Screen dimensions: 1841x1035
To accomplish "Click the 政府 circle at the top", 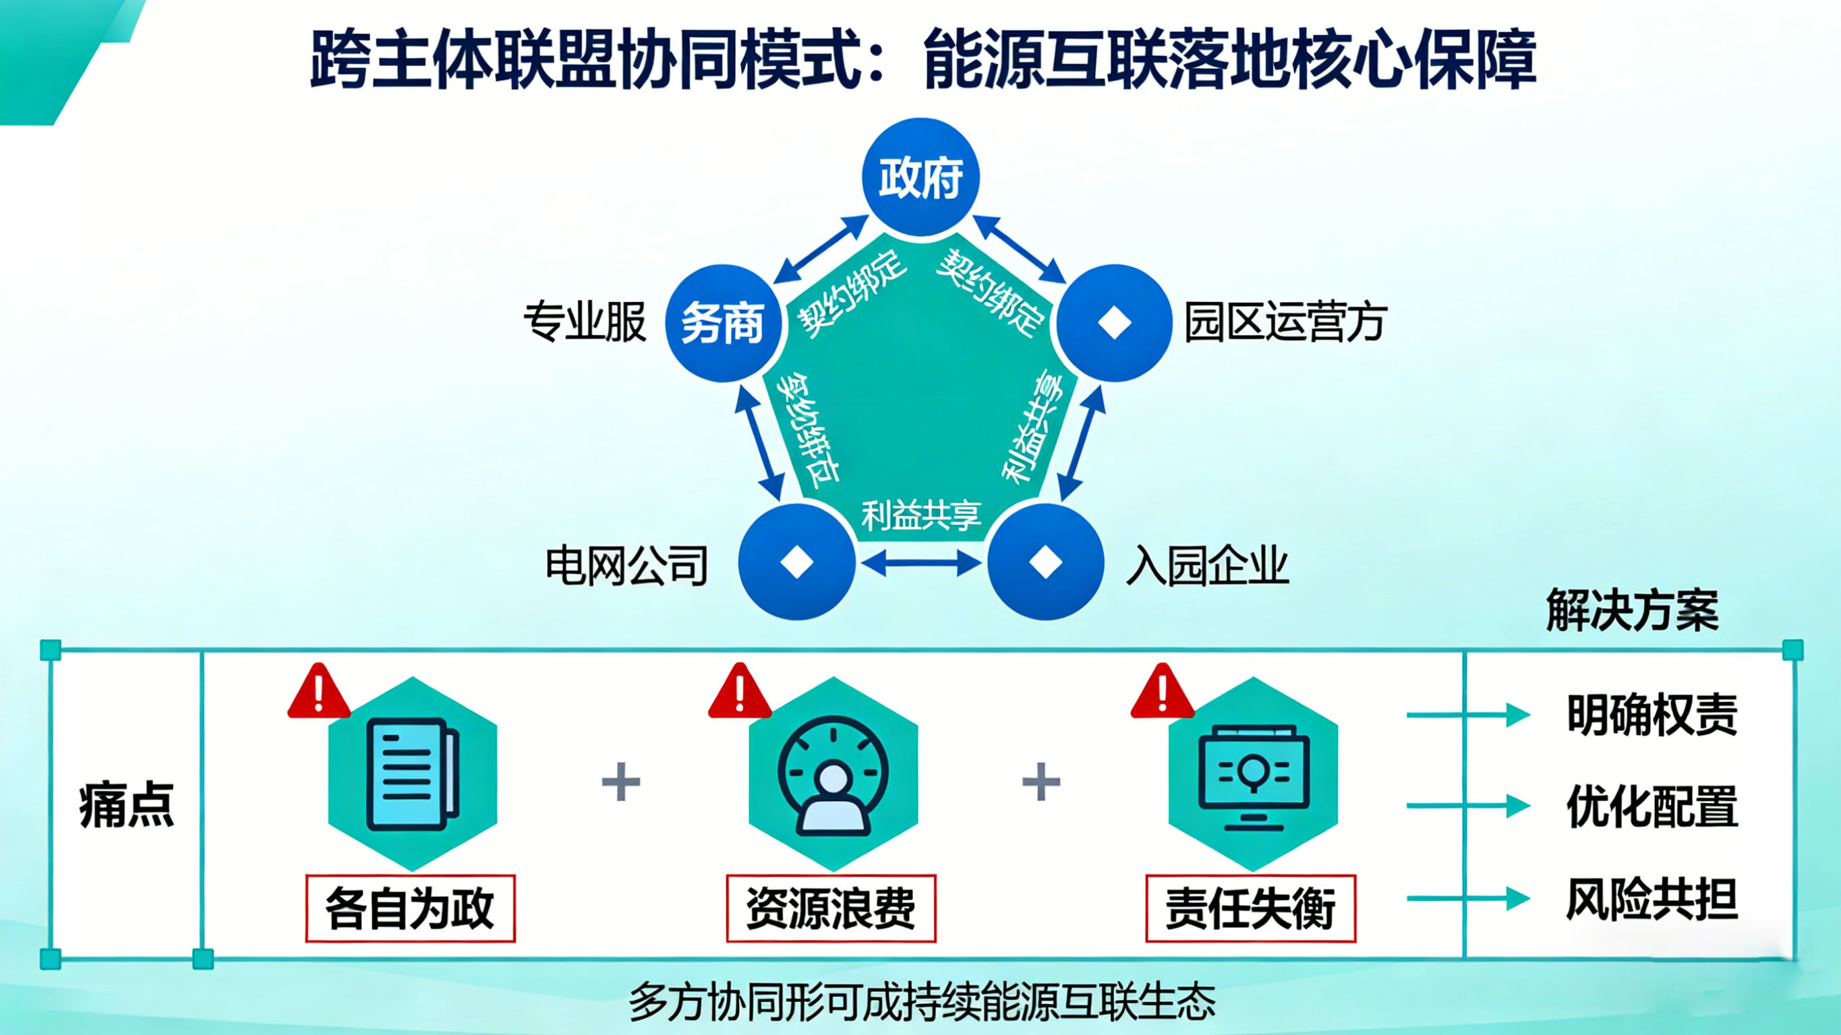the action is point(920,177).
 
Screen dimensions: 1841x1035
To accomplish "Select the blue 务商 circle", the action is point(722,323).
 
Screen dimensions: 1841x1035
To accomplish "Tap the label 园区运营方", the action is point(1285,322).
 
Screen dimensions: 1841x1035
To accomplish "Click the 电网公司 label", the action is point(626,566).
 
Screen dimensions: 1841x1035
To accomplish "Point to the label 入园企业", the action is point(1207,566).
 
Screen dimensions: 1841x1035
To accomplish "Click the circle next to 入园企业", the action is point(1045,562).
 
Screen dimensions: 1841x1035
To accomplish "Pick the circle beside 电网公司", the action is point(796,562).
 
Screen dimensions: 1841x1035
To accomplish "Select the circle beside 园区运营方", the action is point(1113,323).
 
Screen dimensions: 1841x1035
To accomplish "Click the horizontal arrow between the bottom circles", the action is point(921,563).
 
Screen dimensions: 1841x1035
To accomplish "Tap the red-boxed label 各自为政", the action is point(410,908).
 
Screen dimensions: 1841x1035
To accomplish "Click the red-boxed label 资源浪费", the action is point(830,908).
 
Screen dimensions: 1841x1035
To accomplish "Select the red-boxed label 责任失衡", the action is point(1251,908).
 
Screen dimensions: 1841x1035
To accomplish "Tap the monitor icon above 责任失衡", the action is point(1253,776).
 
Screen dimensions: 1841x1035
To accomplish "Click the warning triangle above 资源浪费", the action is point(740,692).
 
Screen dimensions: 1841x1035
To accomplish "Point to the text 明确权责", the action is point(1652,715).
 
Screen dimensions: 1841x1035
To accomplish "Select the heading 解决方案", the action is point(1633,610).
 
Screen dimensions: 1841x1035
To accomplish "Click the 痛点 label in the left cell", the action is point(127,805).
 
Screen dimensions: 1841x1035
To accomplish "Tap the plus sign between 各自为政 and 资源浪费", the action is point(621,781).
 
